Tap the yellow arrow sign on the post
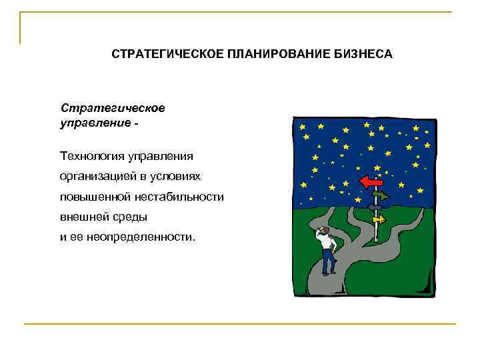pyautogui.click(x=378, y=219)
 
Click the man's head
pyautogui.click(x=323, y=231)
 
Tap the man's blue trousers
pyautogui.click(x=327, y=261)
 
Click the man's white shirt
pyautogui.click(x=327, y=243)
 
